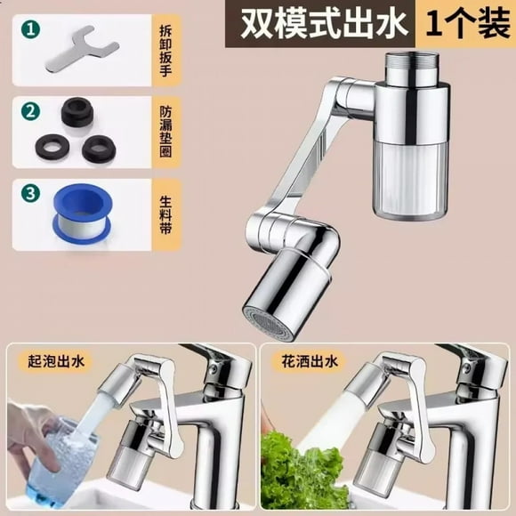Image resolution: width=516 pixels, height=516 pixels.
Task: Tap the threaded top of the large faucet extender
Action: click(413, 69)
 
